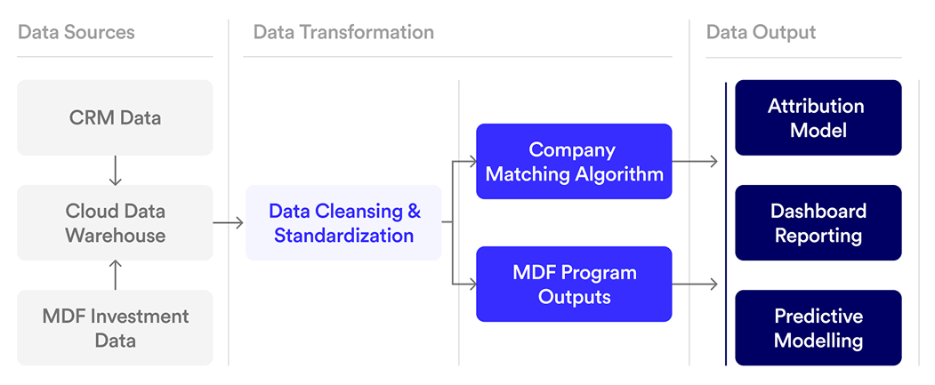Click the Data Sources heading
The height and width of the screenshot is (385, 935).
tap(77, 33)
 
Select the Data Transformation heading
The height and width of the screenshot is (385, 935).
tap(343, 33)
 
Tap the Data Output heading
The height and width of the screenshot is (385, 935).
tap(761, 33)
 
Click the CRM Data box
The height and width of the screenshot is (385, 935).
tap(115, 117)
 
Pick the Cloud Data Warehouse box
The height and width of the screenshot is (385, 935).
tap(115, 223)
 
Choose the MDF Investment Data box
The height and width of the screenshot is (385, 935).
tap(115, 328)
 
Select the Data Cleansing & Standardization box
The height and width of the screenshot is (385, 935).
tap(343, 223)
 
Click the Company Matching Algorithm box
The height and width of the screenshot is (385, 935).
tap(574, 161)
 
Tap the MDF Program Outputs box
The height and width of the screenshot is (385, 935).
tap(574, 284)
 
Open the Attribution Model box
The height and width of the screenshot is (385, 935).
tap(816, 117)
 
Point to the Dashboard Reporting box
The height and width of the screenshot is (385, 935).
tap(818, 223)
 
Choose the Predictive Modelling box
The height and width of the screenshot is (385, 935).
tap(818, 328)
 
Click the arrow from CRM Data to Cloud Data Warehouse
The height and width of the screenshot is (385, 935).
tap(115, 170)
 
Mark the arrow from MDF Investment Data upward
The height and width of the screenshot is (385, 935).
tap(115, 275)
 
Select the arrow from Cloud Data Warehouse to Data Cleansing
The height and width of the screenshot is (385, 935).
tap(229, 223)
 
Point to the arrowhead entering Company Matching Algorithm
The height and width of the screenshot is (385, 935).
tap(472, 162)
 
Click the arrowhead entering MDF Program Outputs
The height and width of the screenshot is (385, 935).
tap(472, 285)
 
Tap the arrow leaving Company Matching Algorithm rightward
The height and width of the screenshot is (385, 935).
tap(695, 162)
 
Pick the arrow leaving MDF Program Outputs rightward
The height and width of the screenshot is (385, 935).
tap(695, 285)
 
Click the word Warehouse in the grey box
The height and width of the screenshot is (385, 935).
tap(115, 236)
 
